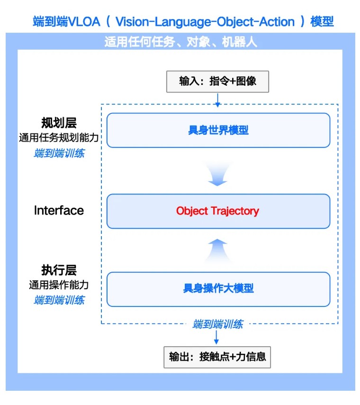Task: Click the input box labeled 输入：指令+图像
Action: click(217, 81)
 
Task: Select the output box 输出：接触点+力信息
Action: click(217, 357)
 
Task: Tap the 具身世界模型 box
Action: click(218, 130)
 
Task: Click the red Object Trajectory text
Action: click(217, 211)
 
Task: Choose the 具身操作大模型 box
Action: click(218, 288)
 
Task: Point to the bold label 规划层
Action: click(59, 124)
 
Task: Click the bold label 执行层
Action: click(59, 271)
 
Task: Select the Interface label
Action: click(59, 211)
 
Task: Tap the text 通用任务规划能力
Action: click(59, 138)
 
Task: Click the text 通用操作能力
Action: click(59, 285)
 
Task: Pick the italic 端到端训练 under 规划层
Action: click(59, 153)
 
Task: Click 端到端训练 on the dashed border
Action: click(217, 324)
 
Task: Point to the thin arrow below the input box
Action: click(217, 99)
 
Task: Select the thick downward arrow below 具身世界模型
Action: click(217, 175)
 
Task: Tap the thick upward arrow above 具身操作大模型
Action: click(217, 249)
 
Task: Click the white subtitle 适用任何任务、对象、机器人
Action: click(180, 42)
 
